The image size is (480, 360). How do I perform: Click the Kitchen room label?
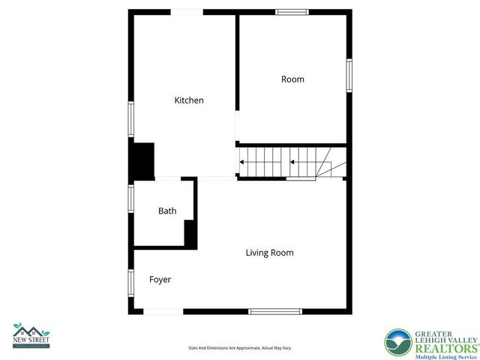point(189,100)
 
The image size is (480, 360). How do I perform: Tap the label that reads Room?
point(292,79)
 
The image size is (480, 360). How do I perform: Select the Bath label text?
point(167,211)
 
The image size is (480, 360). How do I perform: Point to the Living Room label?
point(269,253)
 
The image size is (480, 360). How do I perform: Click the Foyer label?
point(160,280)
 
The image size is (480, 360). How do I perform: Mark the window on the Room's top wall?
point(292,12)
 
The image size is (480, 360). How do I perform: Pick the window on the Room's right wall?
point(349,76)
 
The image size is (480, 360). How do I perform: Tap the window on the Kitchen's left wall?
point(131,119)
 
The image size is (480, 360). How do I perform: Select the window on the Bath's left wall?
point(131,199)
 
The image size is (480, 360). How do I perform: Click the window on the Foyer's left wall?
point(131,281)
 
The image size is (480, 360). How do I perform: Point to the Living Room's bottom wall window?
point(275,311)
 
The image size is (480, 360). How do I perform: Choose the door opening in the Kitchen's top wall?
point(187,12)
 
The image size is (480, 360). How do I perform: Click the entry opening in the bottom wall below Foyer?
point(163,311)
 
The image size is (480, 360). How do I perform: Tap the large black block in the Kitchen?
point(142,160)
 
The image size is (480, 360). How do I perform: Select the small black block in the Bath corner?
point(190,234)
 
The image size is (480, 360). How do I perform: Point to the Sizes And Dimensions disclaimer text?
point(239,348)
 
